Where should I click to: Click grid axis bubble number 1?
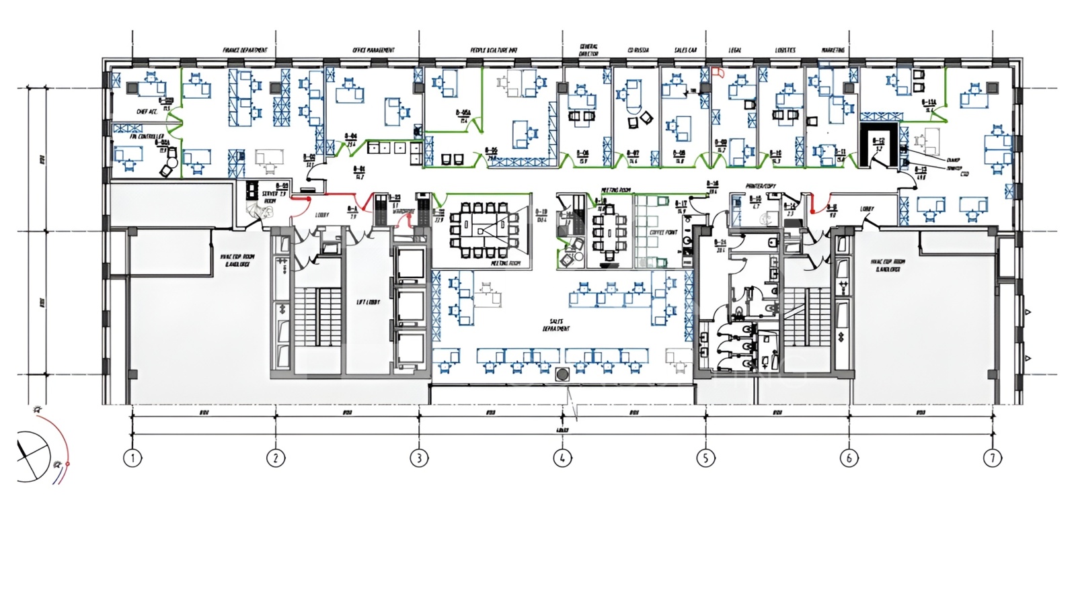pyautogui.click(x=132, y=458)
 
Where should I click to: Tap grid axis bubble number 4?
pyautogui.click(x=562, y=458)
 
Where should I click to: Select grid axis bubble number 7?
pyautogui.click(x=992, y=458)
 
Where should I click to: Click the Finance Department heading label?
pyautogui.click(x=245, y=50)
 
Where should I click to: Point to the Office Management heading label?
pyautogui.click(x=373, y=50)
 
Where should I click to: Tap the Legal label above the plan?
pyautogui.click(x=735, y=50)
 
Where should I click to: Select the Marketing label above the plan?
pyautogui.click(x=833, y=50)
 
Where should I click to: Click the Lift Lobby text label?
pyautogui.click(x=368, y=302)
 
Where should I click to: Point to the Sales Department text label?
pyautogui.click(x=556, y=325)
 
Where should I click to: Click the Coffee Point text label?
pyautogui.click(x=663, y=232)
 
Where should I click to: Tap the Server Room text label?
pyautogui.click(x=270, y=197)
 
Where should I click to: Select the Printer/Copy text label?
pyautogui.click(x=761, y=185)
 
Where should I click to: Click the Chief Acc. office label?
pyautogui.click(x=147, y=112)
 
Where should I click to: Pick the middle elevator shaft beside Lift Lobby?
pyautogui.click(x=410, y=307)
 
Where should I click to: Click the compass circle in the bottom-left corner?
pyautogui.click(x=32, y=456)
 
